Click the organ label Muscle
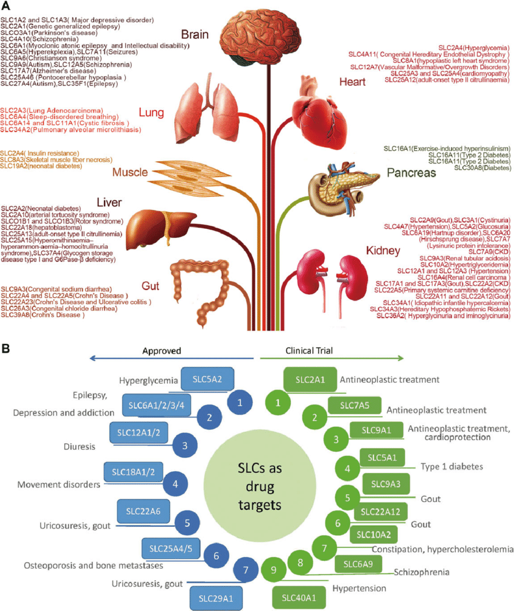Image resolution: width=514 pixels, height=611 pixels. coord(130,173)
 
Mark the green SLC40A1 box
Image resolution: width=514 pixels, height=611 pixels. coord(299,596)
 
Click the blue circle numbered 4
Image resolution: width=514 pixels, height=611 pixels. coord(175,484)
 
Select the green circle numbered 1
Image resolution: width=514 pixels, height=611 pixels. coord(278,401)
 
